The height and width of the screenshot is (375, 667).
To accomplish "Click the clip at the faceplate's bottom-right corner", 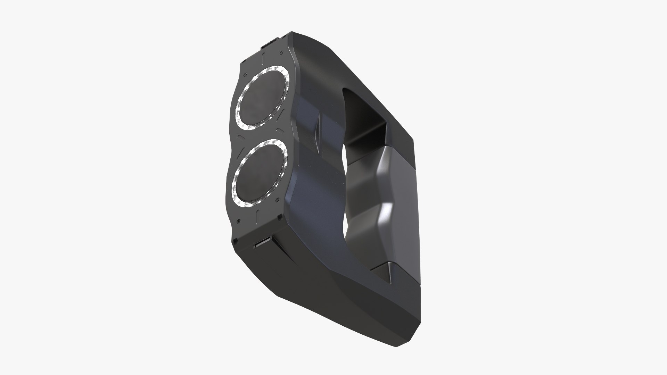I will point(280,218).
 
